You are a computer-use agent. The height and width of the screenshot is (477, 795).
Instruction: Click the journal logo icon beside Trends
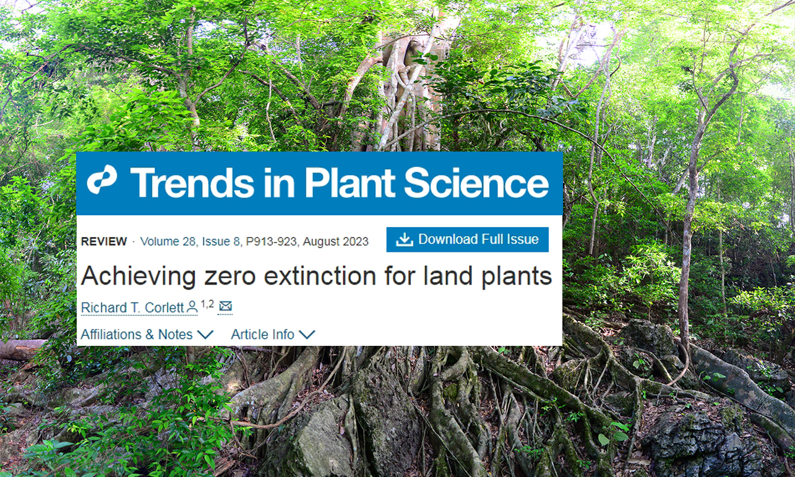click(102, 179)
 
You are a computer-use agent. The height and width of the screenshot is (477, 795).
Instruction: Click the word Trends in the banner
click(192, 183)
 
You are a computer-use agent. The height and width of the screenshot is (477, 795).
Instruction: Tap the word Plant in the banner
click(350, 182)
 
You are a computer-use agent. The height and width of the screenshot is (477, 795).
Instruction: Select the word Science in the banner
click(476, 183)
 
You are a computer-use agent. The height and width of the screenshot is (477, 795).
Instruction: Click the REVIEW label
click(104, 241)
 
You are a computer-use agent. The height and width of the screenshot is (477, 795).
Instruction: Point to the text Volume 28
click(168, 242)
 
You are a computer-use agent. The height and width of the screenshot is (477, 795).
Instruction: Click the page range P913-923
click(272, 242)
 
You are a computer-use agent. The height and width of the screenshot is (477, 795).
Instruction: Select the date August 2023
click(335, 242)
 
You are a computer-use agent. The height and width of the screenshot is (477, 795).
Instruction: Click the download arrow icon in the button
click(404, 239)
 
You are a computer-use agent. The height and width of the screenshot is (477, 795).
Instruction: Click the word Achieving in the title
click(139, 277)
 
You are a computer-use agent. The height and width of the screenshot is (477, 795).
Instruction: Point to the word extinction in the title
click(320, 276)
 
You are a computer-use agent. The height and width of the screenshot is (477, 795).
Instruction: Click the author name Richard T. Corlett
click(132, 307)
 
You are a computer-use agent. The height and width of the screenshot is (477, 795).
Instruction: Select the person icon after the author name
click(192, 307)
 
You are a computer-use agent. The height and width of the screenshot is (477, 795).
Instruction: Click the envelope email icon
click(225, 306)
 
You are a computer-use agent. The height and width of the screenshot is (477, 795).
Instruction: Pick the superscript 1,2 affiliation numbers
click(207, 304)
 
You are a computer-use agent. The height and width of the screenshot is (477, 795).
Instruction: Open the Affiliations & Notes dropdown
click(147, 334)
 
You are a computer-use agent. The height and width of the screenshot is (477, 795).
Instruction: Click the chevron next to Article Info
click(307, 334)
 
